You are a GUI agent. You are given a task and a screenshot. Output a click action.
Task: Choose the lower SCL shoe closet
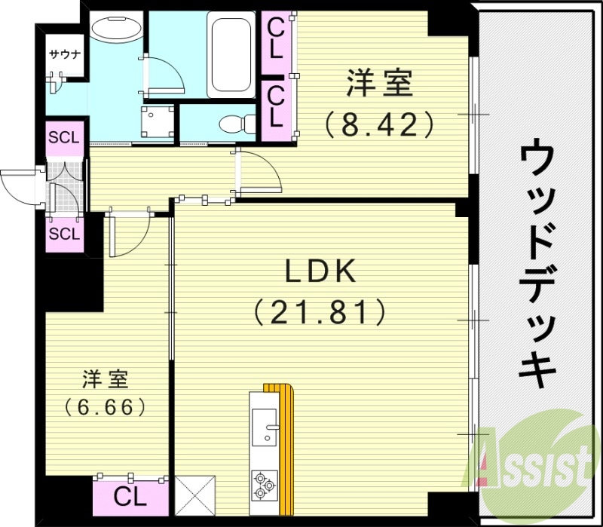point(64,233)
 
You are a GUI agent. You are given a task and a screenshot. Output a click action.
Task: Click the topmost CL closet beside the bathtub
point(276,38)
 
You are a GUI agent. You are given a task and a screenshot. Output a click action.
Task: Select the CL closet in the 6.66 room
point(130,496)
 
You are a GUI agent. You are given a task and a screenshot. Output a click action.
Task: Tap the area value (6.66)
point(105,407)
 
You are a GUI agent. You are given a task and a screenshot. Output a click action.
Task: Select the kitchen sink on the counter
point(265,429)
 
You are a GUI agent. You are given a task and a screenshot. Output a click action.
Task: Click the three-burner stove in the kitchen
point(265,483)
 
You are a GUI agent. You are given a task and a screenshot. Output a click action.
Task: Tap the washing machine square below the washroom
point(158,121)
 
